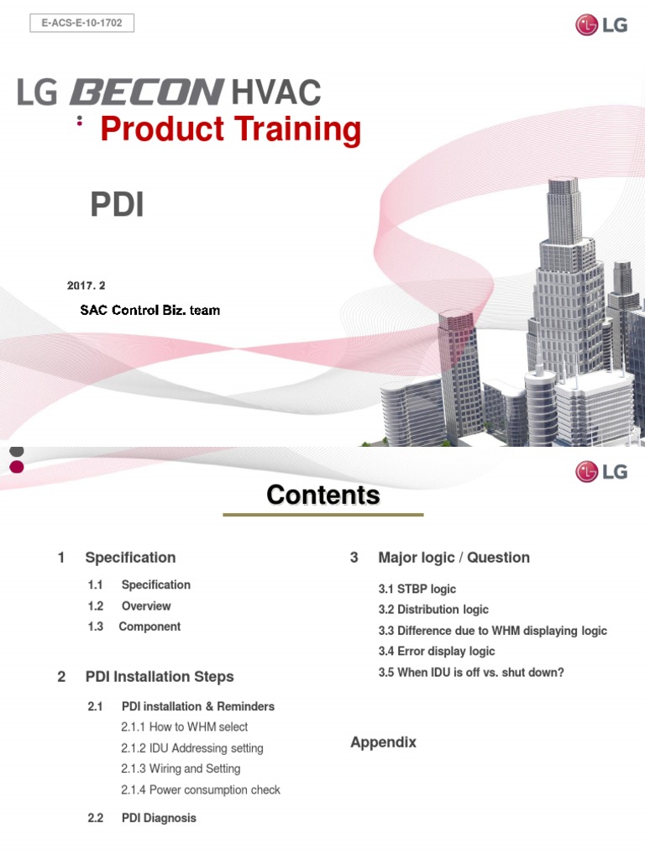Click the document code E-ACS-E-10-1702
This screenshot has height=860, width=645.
pos(81,24)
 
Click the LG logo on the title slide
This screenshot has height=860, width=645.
pos(600,25)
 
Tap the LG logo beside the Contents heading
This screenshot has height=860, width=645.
pos(600,472)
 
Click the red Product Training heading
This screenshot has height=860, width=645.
pos(230,130)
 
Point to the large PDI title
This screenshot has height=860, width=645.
pos(117,205)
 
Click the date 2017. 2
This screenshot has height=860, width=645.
pos(92,286)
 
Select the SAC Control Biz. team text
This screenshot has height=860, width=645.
pos(149,310)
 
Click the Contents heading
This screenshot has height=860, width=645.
pos(322,496)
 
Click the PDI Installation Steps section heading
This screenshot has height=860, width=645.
pos(160,676)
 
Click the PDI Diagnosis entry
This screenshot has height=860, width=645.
pos(159,817)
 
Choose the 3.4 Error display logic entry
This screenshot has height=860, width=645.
pos(437,651)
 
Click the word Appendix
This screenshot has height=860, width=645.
pos(383,742)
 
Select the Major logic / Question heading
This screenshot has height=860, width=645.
pos(454,557)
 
